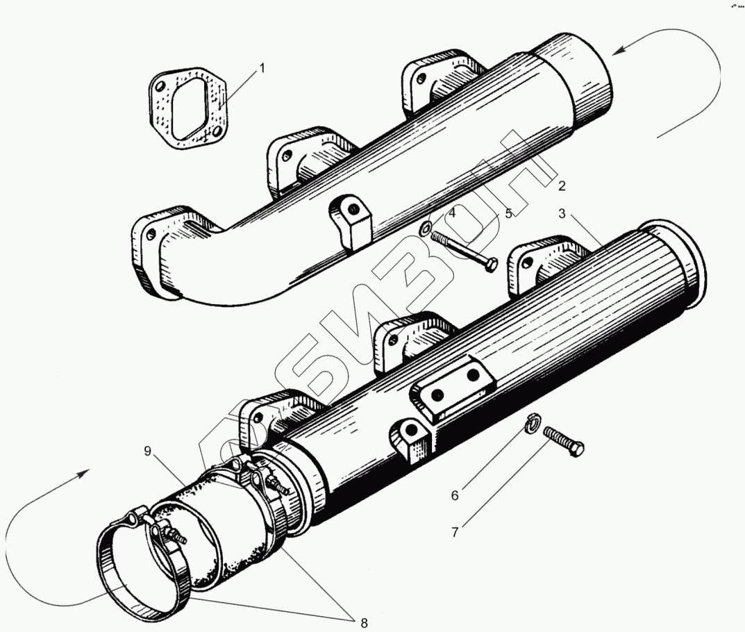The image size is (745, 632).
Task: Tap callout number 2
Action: click(562, 185)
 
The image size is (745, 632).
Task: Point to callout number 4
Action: click(451, 214)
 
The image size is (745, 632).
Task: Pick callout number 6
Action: click(455, 495)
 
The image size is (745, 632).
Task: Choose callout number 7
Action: click(455, 533)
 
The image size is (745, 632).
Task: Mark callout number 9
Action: click(147, 451)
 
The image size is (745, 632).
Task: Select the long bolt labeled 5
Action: click(465, 249)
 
